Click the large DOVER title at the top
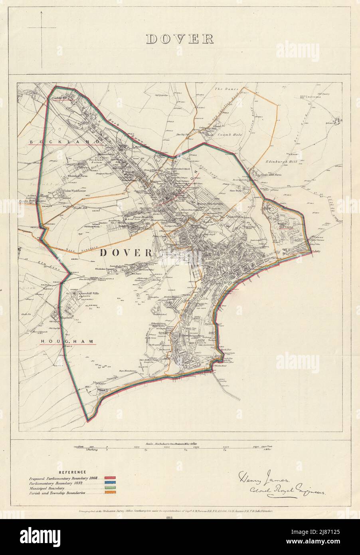point(180,39)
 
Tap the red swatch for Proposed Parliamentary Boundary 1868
point(110,477)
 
